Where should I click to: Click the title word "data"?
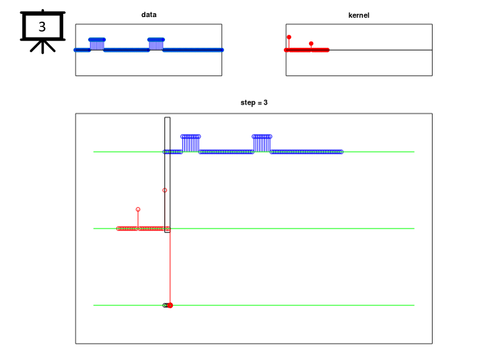pyautogui.click(x=149, y=14)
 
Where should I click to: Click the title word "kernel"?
pyautogui.click(x=359, y=15)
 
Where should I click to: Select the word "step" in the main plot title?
pyautogui.click(x=248, y=102)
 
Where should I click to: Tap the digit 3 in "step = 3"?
pyautogui.click(x=266, y=102)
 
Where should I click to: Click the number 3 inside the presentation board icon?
pyautogui.click(x=42, y=27)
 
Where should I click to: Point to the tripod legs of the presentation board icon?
pyautogui.click(x=43, y=46)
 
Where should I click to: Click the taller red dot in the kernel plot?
pyautogui.click(x=289, y=37)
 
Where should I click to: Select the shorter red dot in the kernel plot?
pyautogui.click(x=311, y=43)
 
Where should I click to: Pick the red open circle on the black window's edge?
pyautogui.click(x=164, y=190)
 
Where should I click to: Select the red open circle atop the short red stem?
pyautogui.click(x=138, y=210)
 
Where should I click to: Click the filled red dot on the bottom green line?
pyautogui.click(x=170, y=305)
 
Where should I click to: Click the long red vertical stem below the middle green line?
pyautogui.click(x=170, y=267)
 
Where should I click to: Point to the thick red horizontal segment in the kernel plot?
pyautogui.click(x=307, y=50)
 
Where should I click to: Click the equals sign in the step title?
pyautogui.click(x=260, y=102)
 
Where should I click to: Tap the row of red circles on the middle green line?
pyautogui.click(x=143, y=229)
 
